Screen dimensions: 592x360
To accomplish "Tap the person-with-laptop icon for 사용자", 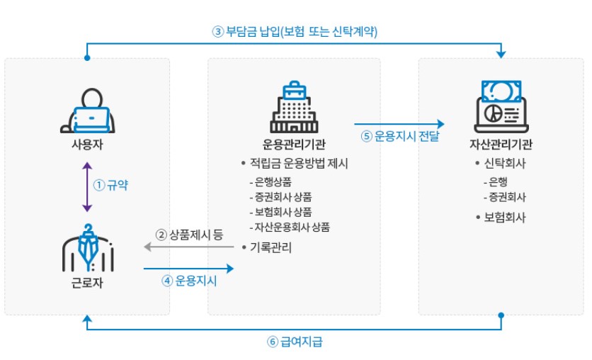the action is click(x=86, y=111).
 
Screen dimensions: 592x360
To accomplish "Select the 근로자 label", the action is click(x=86, y=285).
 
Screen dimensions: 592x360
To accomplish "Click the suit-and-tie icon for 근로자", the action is click(x=86, y=249).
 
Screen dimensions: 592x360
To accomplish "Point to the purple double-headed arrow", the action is click(x=86, y=186).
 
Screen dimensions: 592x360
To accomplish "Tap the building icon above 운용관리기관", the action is click(x=292, y=108).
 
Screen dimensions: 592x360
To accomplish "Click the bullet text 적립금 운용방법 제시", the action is click(x=298, y=163).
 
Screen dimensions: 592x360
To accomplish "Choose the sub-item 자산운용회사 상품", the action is click(x=290, y=227).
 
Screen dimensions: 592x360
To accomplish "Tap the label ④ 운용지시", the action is click(x=189, y=281).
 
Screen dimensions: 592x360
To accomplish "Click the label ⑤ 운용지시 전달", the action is click(x=401, y=136).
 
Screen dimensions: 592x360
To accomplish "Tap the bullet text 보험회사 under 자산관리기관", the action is click(x=504, y=217).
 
